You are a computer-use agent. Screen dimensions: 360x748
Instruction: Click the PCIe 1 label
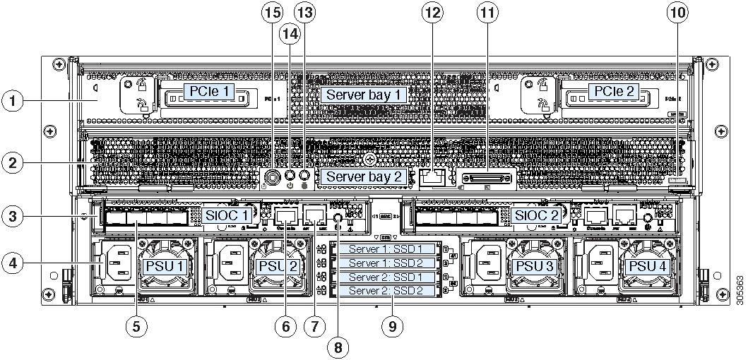click(208, 92)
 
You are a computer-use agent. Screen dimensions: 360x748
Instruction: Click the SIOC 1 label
click(227, 215)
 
